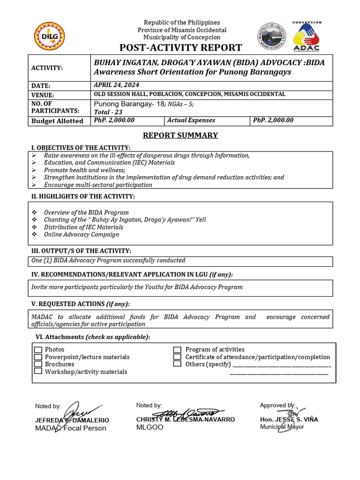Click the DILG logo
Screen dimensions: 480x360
coord(50,37)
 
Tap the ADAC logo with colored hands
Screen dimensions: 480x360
coord(307,37)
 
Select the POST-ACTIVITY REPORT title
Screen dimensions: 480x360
coord(181,48)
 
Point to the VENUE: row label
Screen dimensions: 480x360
coord(44,94)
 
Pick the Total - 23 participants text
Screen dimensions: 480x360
coord(108,112)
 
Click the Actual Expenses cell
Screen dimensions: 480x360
coord(191,120)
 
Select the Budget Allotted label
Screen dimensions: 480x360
coord(57,121)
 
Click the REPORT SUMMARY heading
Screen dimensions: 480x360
coord(180,135)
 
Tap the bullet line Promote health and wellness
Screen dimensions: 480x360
coord(84,170)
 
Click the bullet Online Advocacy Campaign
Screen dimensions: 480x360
coord(82,234)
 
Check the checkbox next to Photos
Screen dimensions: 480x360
coord(38,350)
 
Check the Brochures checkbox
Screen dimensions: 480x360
coord(38,364)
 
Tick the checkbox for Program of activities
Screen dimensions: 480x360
coord(178,350)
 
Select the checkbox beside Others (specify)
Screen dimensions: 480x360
coord(178,364)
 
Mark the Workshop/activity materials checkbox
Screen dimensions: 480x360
coord(38,371)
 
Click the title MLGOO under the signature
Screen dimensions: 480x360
coord(150,427)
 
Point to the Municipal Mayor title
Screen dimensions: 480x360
coord(282,427)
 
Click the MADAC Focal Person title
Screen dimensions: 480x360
coord(71,428)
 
